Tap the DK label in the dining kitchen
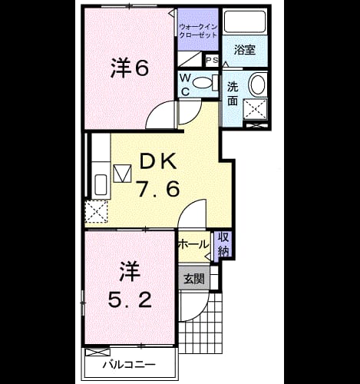pyautogui.click(x=157, y=161)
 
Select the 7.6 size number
pyautogui.click(x=158, y=188)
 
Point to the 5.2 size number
pyautogui.click(x=130, y=300)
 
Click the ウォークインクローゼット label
pyautogui.click(x=198, y=31)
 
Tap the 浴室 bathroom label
pyautogui.click(x=245, y=49)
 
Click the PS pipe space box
pyautogui.click(x=212, y=61)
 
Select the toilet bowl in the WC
pyautogui.click(x=203, y=83)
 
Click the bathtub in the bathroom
pyautogui.click(x=245, y=22)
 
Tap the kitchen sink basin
pyautogui.click(x=101, y=185)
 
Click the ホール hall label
pyautogui.click(x=193, y=244)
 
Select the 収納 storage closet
pyautogui.click(x=223, y=244)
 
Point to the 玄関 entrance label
pyautogui.click(x=194, y=279)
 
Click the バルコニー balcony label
pyautogui.click(x=129, y=364)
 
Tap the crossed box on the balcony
pyautogui.click(x=97, y=352)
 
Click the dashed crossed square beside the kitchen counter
pyautogui.click(x=96, y=211)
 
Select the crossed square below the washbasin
pyautogui.click(x=255, y=109)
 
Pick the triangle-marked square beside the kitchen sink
pyautogui.click(x=122, y=174)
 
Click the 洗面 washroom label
pyautogui.click(x=233, y=94)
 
